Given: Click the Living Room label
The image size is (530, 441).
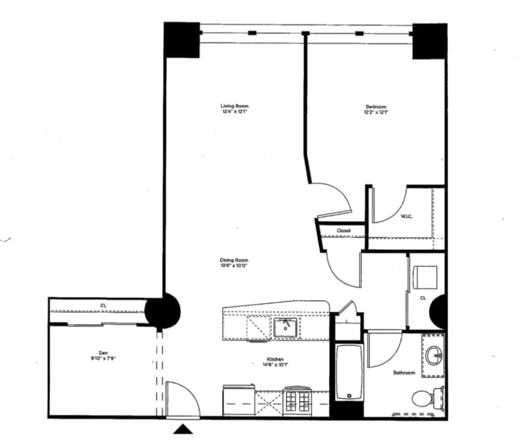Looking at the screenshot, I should point(235,107).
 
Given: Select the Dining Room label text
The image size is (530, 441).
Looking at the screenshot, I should point(235,260).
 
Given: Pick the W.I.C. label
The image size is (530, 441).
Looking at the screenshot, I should point(407,216).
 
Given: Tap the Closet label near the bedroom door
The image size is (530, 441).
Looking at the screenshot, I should point(343,231).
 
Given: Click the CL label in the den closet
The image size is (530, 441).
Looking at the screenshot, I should point(104,306).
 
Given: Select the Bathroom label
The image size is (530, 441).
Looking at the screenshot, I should point(404,373).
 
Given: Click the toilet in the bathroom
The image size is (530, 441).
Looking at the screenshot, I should point(425,397).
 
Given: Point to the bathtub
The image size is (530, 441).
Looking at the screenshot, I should point(348,371).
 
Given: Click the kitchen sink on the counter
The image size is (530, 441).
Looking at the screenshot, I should point(285,329).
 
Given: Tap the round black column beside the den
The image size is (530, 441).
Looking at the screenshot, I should point(162,311).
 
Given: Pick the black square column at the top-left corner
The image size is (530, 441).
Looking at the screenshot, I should point(182,39).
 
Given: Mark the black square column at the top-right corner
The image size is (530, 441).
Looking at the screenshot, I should point(428,41).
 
